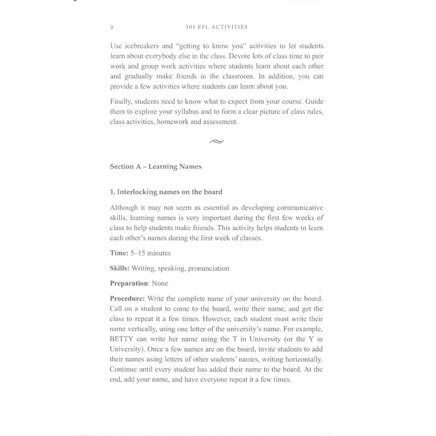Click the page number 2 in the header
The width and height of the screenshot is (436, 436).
[x=112, y=27]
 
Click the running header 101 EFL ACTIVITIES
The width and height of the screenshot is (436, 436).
[x=216, y=27]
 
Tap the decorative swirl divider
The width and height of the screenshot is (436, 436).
[x=216, y=141]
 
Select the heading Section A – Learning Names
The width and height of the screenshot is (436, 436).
[x=156, y=167]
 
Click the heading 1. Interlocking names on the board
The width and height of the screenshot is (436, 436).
[x=166, y=192]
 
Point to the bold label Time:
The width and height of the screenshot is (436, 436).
[x=119, y=253]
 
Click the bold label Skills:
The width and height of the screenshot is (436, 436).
[x=119, y=269]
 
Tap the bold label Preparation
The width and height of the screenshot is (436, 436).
[x=129, y=283]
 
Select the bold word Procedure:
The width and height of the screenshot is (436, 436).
[x=127, y=299]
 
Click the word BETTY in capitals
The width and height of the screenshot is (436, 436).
[x=122, y=339]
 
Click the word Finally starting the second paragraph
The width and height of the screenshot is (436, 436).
[x=121, y=102]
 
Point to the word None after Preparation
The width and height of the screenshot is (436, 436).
[x=160, y=283]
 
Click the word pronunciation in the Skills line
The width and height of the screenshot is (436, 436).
[x=208, y=269]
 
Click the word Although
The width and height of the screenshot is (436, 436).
[x=124, y=208]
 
